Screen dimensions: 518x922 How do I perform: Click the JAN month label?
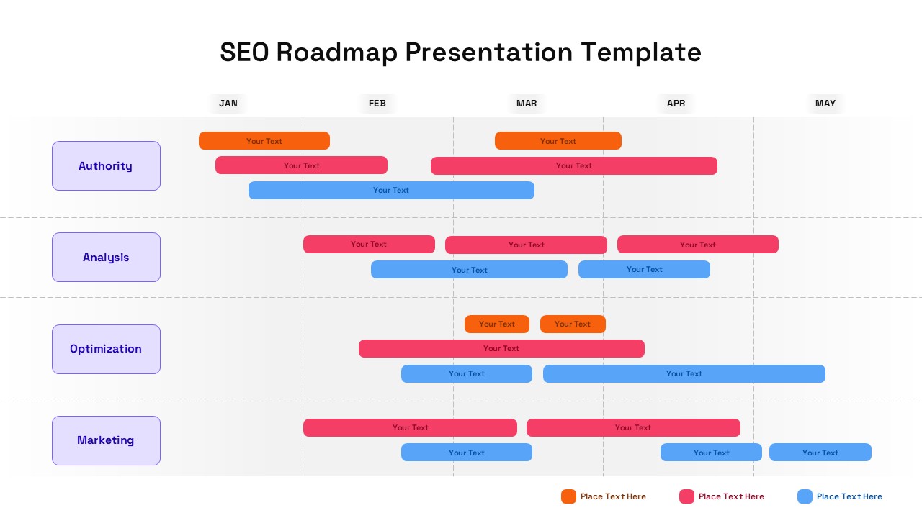click(228, 104)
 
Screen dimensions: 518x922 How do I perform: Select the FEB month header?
click(377, 104)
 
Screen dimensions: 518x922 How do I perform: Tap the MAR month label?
click(527, 104)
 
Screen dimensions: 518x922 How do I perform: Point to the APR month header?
click(676, 104)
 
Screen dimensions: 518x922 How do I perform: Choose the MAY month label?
click(825, 104)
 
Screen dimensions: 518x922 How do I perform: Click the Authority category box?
click(106, 166)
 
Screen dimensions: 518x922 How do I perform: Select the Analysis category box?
click(106, 258)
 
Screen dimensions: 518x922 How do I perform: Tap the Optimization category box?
click(106, 349)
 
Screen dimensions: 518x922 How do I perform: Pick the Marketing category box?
click(106, 440)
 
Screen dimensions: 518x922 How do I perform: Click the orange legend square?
click(568, 496)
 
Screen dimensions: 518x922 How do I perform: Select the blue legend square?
click(805, 496)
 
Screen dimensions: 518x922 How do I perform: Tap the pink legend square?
click(686, 496)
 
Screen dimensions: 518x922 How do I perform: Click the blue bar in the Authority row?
click(391, 191)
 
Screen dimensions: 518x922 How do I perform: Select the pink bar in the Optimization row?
click(501, 349)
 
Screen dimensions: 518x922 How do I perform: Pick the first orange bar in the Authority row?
click(264, 141)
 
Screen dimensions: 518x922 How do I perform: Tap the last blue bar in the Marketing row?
click(820, 453)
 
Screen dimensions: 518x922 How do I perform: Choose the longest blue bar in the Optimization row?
click(684, 374)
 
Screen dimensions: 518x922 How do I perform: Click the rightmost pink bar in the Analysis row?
click(698, 245)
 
